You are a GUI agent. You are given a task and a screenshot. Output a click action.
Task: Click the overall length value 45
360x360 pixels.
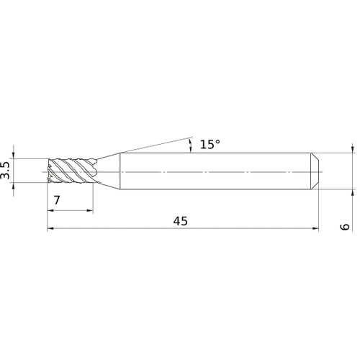point(180,221)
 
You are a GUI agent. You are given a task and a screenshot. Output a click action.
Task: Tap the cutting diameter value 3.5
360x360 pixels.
point(6,171)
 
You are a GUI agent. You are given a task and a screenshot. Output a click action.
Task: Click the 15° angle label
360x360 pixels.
point(210,144)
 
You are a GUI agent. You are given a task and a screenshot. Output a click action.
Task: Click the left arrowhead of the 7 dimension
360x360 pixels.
point(50,211)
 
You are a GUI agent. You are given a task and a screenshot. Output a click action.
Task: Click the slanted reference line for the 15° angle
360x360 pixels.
point(155,145)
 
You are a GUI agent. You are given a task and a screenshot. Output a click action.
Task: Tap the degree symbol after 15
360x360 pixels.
point(217,141)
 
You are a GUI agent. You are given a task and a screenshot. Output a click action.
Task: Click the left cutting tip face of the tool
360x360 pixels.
point(49,171)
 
